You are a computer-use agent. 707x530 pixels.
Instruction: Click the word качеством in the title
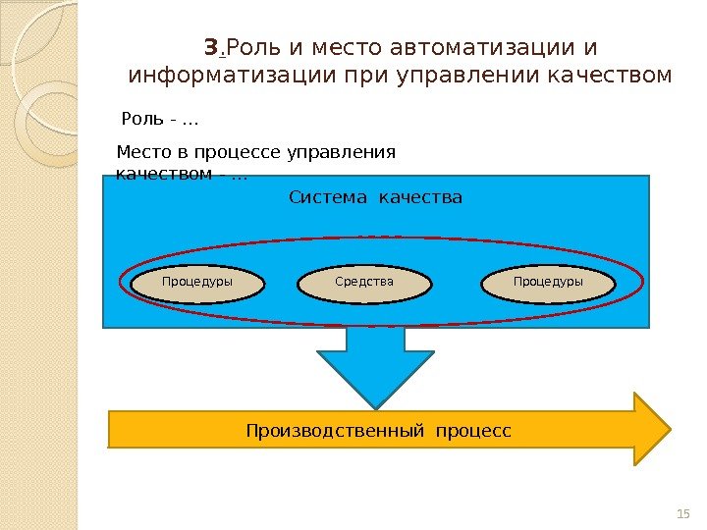(621, 75)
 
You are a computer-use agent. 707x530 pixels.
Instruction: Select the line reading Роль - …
(159, 121)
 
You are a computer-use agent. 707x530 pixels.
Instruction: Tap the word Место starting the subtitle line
(141, 152)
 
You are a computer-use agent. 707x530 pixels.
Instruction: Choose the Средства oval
(363, 283)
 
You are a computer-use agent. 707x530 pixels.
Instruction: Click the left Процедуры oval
(197, 283)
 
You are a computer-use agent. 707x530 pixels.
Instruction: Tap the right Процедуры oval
(548, 283)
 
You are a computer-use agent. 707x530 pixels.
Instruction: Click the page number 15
(684, 514)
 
